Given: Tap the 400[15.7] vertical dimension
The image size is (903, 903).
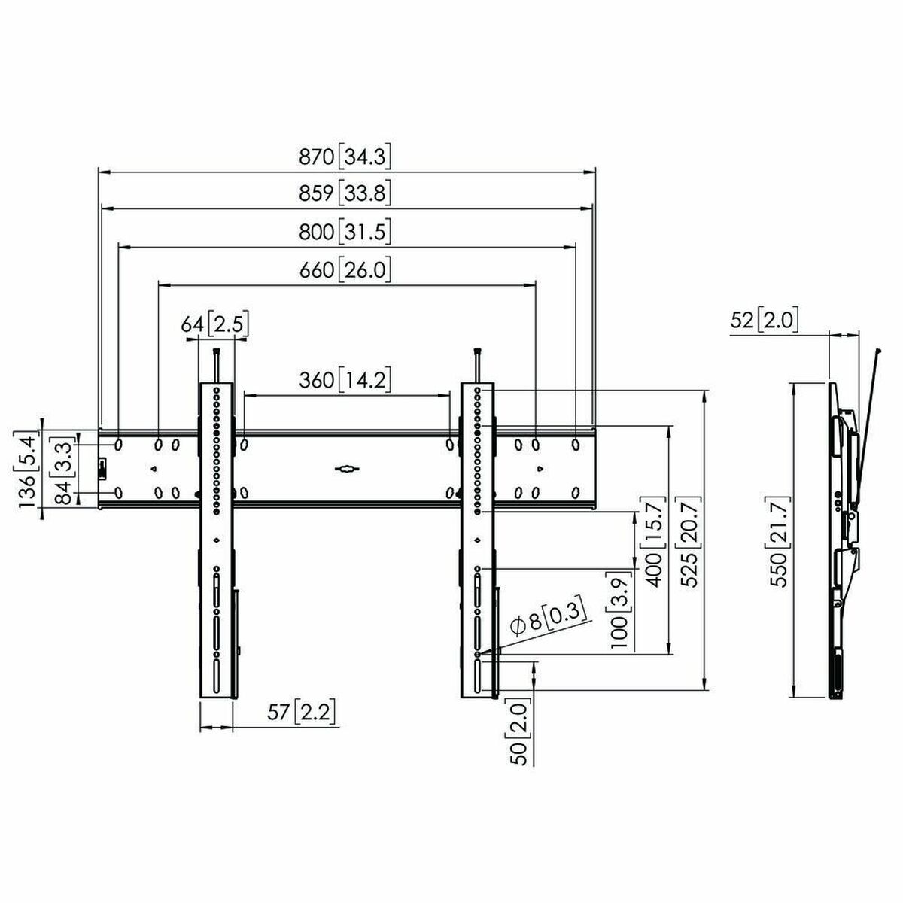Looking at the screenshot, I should click(652, 541).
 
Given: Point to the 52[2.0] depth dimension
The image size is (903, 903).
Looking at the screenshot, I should click(763, 321).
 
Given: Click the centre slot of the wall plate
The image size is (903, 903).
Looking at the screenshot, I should click(346, 469).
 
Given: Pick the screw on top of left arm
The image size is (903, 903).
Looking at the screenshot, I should click(217, 364).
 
